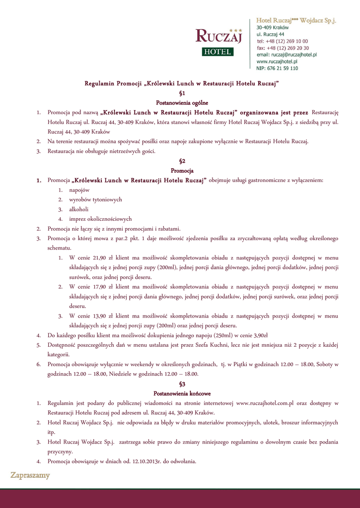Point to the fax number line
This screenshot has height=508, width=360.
coord(283,48)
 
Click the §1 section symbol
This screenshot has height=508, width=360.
coord(182,93)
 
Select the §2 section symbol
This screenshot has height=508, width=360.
coord(182,161)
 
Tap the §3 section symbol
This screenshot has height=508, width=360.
coord(182,384)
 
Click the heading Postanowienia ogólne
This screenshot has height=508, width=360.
coord(182,102)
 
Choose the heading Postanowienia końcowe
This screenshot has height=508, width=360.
coord(182,393)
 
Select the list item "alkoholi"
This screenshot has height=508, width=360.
coord(78,209)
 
